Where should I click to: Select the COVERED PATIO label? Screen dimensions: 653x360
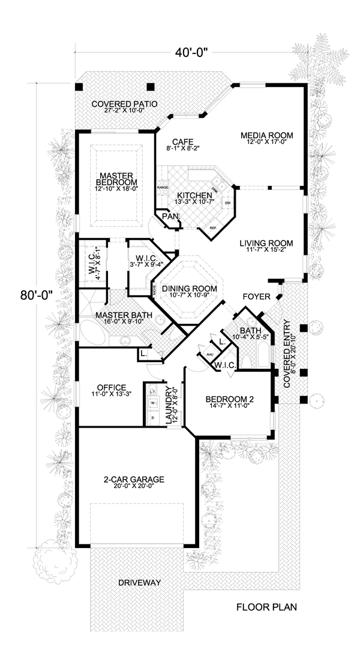(x=125, y=104)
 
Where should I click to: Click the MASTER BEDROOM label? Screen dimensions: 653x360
(x=116, y=178)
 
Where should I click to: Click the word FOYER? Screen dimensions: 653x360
(x=256, y=297)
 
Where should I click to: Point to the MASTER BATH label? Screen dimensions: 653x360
(x=124, y=315)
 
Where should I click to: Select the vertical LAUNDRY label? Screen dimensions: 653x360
(x=171, y=405)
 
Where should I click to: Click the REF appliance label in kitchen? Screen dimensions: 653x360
(x=212, y=228)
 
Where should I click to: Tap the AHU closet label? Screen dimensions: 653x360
(x=210, y=354)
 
